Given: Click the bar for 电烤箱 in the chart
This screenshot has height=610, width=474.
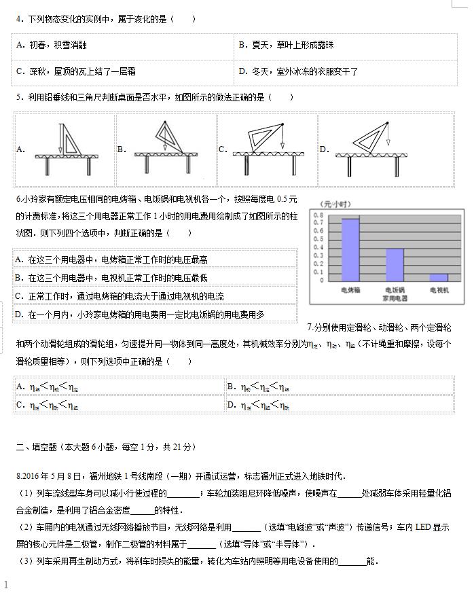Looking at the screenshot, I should [350, 249].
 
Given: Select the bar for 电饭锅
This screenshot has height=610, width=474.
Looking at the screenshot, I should [395, 264].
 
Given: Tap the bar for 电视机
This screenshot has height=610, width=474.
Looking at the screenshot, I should [439, 277].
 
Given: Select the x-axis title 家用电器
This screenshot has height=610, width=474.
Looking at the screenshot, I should [395, 298].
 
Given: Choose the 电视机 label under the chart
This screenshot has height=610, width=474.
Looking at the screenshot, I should [439, 290].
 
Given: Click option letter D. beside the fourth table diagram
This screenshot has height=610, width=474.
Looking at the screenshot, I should [324, 149].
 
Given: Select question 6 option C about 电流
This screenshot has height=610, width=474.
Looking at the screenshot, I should [120, 296].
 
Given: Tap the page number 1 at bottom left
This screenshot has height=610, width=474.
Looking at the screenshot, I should [6, 585].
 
